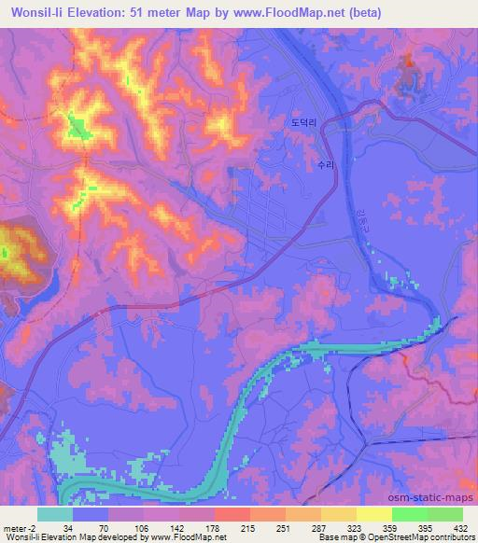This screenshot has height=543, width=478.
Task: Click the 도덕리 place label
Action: [x=302, y=122]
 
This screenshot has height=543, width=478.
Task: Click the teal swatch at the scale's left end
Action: [x=55, y=514]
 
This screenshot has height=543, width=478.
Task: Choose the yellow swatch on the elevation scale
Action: [x=374, y=514]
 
